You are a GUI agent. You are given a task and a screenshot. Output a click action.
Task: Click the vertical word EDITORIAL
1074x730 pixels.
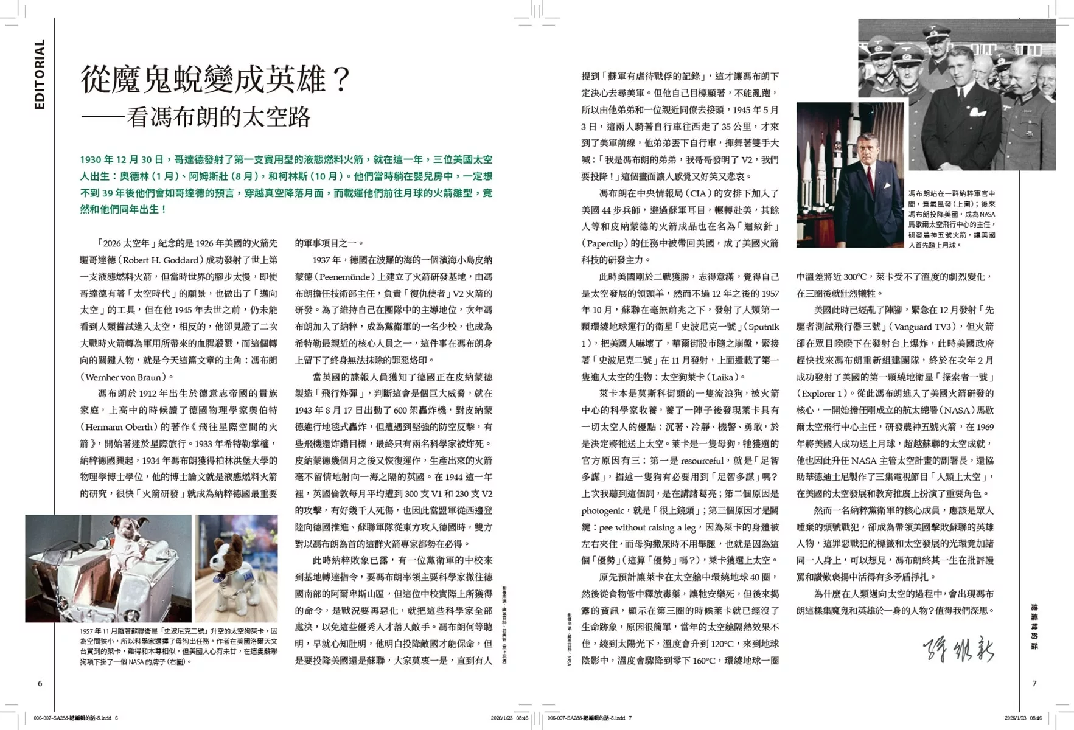pyautogui.click(x=40, y=74)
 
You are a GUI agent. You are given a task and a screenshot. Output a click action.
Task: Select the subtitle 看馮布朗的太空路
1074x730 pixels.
pyautogui.click(x=219, y=117)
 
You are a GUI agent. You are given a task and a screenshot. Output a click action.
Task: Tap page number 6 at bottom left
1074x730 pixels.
pyautogui.click(x=40, y=683)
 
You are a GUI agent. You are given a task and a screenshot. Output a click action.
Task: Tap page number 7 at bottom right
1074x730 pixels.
pyautogui.click(x=1034, y=683)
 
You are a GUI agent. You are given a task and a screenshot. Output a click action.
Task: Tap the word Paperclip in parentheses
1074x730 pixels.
pyautogui.click(x=610, y=243)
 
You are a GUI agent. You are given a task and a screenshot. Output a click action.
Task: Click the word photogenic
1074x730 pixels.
pyautogui.click(x=602, y=510)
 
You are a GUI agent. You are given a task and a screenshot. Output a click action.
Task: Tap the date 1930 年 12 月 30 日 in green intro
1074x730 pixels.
pyautogui.click(x=122, y=159)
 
